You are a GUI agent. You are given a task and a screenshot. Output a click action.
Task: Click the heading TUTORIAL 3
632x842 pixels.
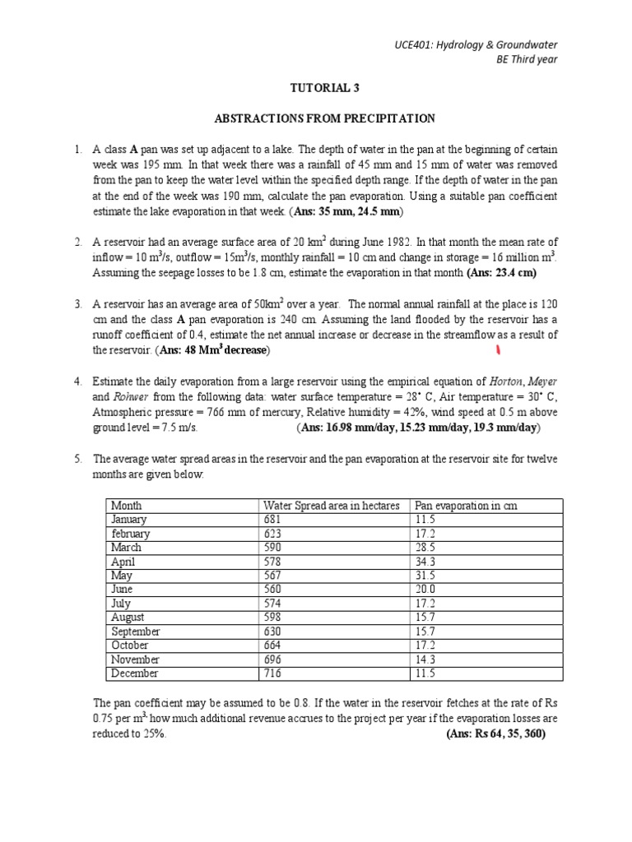pyautogui.click(x=324, y=87)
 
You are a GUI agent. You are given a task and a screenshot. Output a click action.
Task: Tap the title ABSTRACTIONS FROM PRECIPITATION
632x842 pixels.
pyautogui.click(x=324, y=118)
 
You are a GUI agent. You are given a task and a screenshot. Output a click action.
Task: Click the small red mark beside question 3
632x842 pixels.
pyautogui.click(x=498, y=352)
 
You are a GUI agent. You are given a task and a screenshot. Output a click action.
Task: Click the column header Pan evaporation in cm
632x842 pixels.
pyautogui.click(x=465, y=505)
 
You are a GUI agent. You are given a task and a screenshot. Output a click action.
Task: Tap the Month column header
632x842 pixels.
pyautogui.click(x=127, y=505)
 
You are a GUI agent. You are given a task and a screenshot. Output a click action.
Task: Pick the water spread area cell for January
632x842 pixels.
pyautogui.click(x=272, y=519)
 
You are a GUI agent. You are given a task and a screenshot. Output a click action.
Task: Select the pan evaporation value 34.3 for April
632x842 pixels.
pyautogui.click(x=426, y=561)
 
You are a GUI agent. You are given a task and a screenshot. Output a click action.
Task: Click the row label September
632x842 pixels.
pyautogui.click(x=136, y=631)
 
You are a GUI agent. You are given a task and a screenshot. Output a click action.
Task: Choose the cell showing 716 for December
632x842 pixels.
pyautogui.click(x=273, y=673)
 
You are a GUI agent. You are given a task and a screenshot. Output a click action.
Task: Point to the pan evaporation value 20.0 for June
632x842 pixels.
pyautogui.click(x=426, y=589)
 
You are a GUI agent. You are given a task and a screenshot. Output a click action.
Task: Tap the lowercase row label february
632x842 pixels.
pyautogui.click(x=132, y=533)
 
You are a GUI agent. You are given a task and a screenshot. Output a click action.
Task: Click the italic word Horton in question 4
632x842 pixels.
pyautogui.click(x=505, y=382)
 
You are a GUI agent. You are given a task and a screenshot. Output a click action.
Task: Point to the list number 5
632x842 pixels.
pyautogui.click(x=77, y=459)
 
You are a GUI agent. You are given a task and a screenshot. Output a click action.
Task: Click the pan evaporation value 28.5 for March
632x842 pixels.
pyautogui.click(x=426, y=547)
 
